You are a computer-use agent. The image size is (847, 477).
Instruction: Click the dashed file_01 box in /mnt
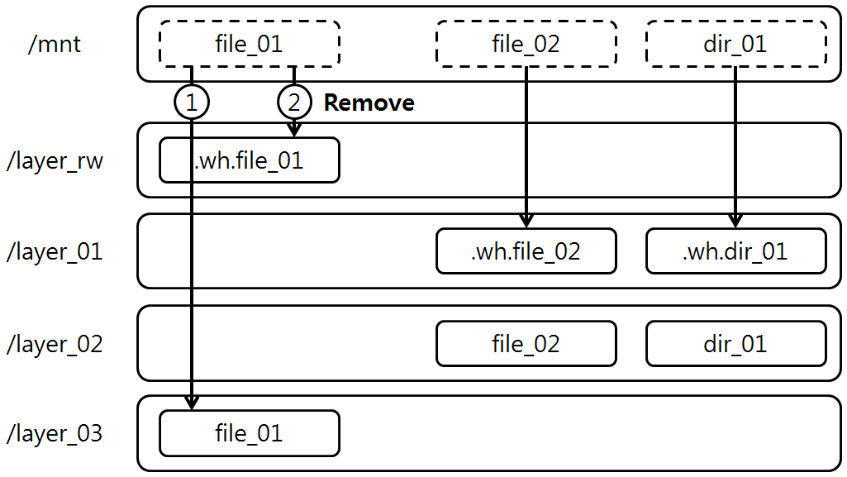249,43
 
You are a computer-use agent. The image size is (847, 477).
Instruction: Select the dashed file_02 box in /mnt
526,43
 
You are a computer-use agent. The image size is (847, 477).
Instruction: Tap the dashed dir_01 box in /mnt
735,43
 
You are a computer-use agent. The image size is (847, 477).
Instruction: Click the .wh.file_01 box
249,160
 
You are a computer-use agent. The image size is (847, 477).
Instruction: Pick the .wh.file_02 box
526,251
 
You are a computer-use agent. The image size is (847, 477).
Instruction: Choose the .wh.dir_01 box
735,251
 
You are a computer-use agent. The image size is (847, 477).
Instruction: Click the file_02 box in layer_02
526,343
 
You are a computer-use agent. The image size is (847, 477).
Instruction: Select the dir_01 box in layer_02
735,343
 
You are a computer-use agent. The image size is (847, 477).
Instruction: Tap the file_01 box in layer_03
249,433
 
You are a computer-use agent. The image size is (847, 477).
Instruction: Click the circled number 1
192,103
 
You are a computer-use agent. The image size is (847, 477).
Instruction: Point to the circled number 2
294,103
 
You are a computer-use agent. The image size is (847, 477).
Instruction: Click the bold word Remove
369,103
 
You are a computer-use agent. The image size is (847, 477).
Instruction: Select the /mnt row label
55,43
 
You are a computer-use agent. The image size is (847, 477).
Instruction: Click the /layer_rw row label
55,160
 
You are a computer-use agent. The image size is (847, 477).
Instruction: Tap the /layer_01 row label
55,251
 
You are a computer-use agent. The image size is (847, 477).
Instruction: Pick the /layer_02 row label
55,343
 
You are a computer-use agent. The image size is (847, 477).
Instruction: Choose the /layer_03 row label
55,433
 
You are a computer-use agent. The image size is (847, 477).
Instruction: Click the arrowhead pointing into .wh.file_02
526,221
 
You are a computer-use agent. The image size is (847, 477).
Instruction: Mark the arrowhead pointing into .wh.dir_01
735,221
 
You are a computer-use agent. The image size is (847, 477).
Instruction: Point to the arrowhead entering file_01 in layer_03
192,403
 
